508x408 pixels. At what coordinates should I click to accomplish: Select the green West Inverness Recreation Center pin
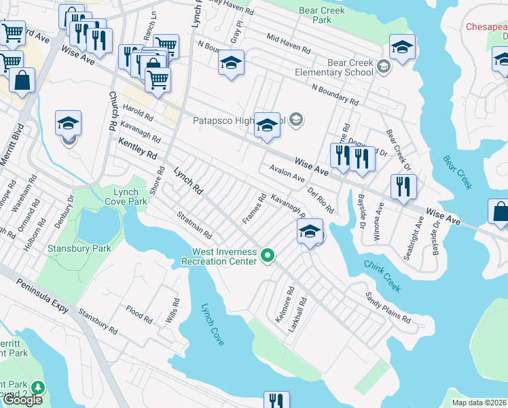268,256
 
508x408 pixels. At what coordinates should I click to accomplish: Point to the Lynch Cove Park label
126,197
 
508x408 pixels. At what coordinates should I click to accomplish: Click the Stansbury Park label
79,248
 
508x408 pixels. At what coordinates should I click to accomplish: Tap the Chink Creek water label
383,275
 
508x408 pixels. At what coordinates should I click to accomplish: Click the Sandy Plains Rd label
388,307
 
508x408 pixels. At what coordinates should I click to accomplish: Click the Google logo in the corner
22,399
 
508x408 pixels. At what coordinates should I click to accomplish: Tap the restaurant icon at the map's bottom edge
276,401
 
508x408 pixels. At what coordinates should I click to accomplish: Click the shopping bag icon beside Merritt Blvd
22,80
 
